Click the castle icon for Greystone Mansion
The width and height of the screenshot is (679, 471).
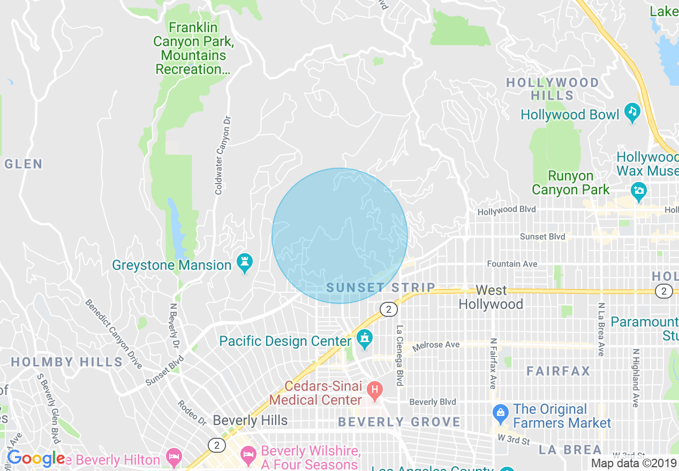245,263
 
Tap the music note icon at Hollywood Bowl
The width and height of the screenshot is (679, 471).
632,112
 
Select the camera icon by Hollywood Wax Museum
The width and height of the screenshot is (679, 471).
638,190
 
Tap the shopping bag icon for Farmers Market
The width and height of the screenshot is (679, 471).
500,413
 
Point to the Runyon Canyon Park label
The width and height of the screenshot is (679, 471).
570,183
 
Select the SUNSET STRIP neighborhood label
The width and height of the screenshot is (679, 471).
381,287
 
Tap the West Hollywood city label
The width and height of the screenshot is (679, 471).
491,297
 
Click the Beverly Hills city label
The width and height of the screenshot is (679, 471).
250,420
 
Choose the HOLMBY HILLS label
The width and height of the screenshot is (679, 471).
67,362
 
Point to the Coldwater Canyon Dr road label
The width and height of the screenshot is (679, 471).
222,155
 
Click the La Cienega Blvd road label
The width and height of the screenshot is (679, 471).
399,355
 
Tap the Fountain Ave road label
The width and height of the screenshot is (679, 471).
512,264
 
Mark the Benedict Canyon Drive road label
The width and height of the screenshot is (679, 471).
114,333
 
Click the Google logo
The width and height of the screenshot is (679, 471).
36,459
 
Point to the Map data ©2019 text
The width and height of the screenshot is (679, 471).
633,463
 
